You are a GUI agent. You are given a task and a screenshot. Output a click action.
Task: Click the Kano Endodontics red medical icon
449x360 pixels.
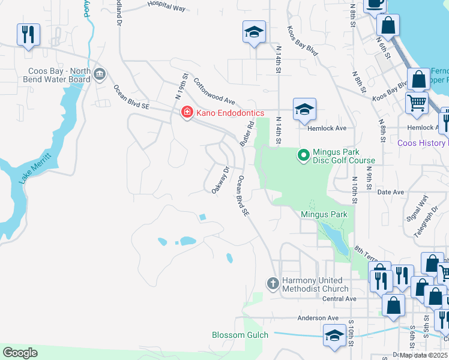[187, 112]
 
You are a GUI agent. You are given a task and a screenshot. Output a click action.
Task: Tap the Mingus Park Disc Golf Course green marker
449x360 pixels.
[304, 156]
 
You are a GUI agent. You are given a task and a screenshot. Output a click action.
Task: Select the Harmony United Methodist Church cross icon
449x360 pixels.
[273, 283]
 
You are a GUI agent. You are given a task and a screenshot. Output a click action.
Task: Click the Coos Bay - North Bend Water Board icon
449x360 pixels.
[100, 75]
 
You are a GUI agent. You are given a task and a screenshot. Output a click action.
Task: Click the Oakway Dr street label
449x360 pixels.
[220, 180]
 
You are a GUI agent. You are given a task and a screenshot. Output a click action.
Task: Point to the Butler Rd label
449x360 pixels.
[247, 133]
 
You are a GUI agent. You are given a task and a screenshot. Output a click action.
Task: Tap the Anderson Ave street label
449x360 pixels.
[318, 318]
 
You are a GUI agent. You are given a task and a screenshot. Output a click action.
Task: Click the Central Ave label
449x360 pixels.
[339, 299]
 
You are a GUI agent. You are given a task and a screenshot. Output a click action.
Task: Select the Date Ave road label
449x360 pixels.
[390, 192]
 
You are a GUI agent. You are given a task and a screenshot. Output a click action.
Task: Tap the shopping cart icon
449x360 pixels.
[417, 103]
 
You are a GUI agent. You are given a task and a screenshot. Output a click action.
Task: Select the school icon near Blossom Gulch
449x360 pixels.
[334, 335]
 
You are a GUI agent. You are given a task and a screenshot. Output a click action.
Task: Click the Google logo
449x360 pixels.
[20, 352]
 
